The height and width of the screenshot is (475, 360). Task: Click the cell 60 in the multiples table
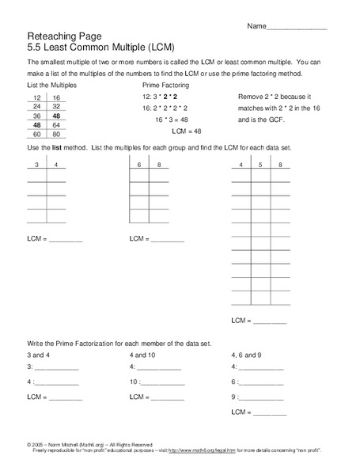(36, 135)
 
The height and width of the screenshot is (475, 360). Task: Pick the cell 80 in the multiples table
(56, 135)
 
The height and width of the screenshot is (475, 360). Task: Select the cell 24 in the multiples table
(36, 105)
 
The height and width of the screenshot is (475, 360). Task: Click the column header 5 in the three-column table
(260, 165)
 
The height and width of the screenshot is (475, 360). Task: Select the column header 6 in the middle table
(138, 165)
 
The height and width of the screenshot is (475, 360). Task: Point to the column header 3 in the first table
(36, 165)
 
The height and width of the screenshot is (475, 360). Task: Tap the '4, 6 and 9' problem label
(247, 355)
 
